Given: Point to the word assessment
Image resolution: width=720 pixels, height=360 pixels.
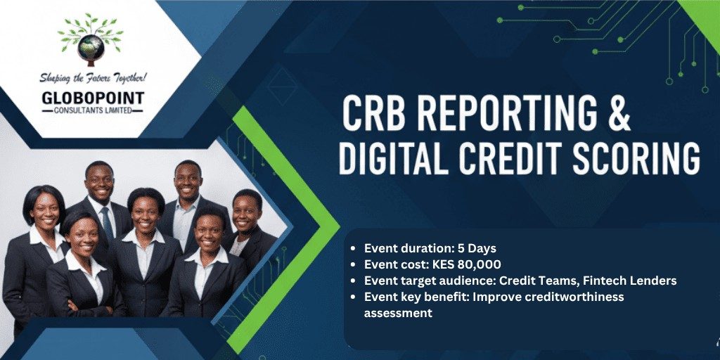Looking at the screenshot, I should click(398, 313).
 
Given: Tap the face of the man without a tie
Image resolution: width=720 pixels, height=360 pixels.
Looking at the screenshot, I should click(188, 181).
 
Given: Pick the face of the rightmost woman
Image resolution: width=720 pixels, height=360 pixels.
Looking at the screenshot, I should click(245, 212).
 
